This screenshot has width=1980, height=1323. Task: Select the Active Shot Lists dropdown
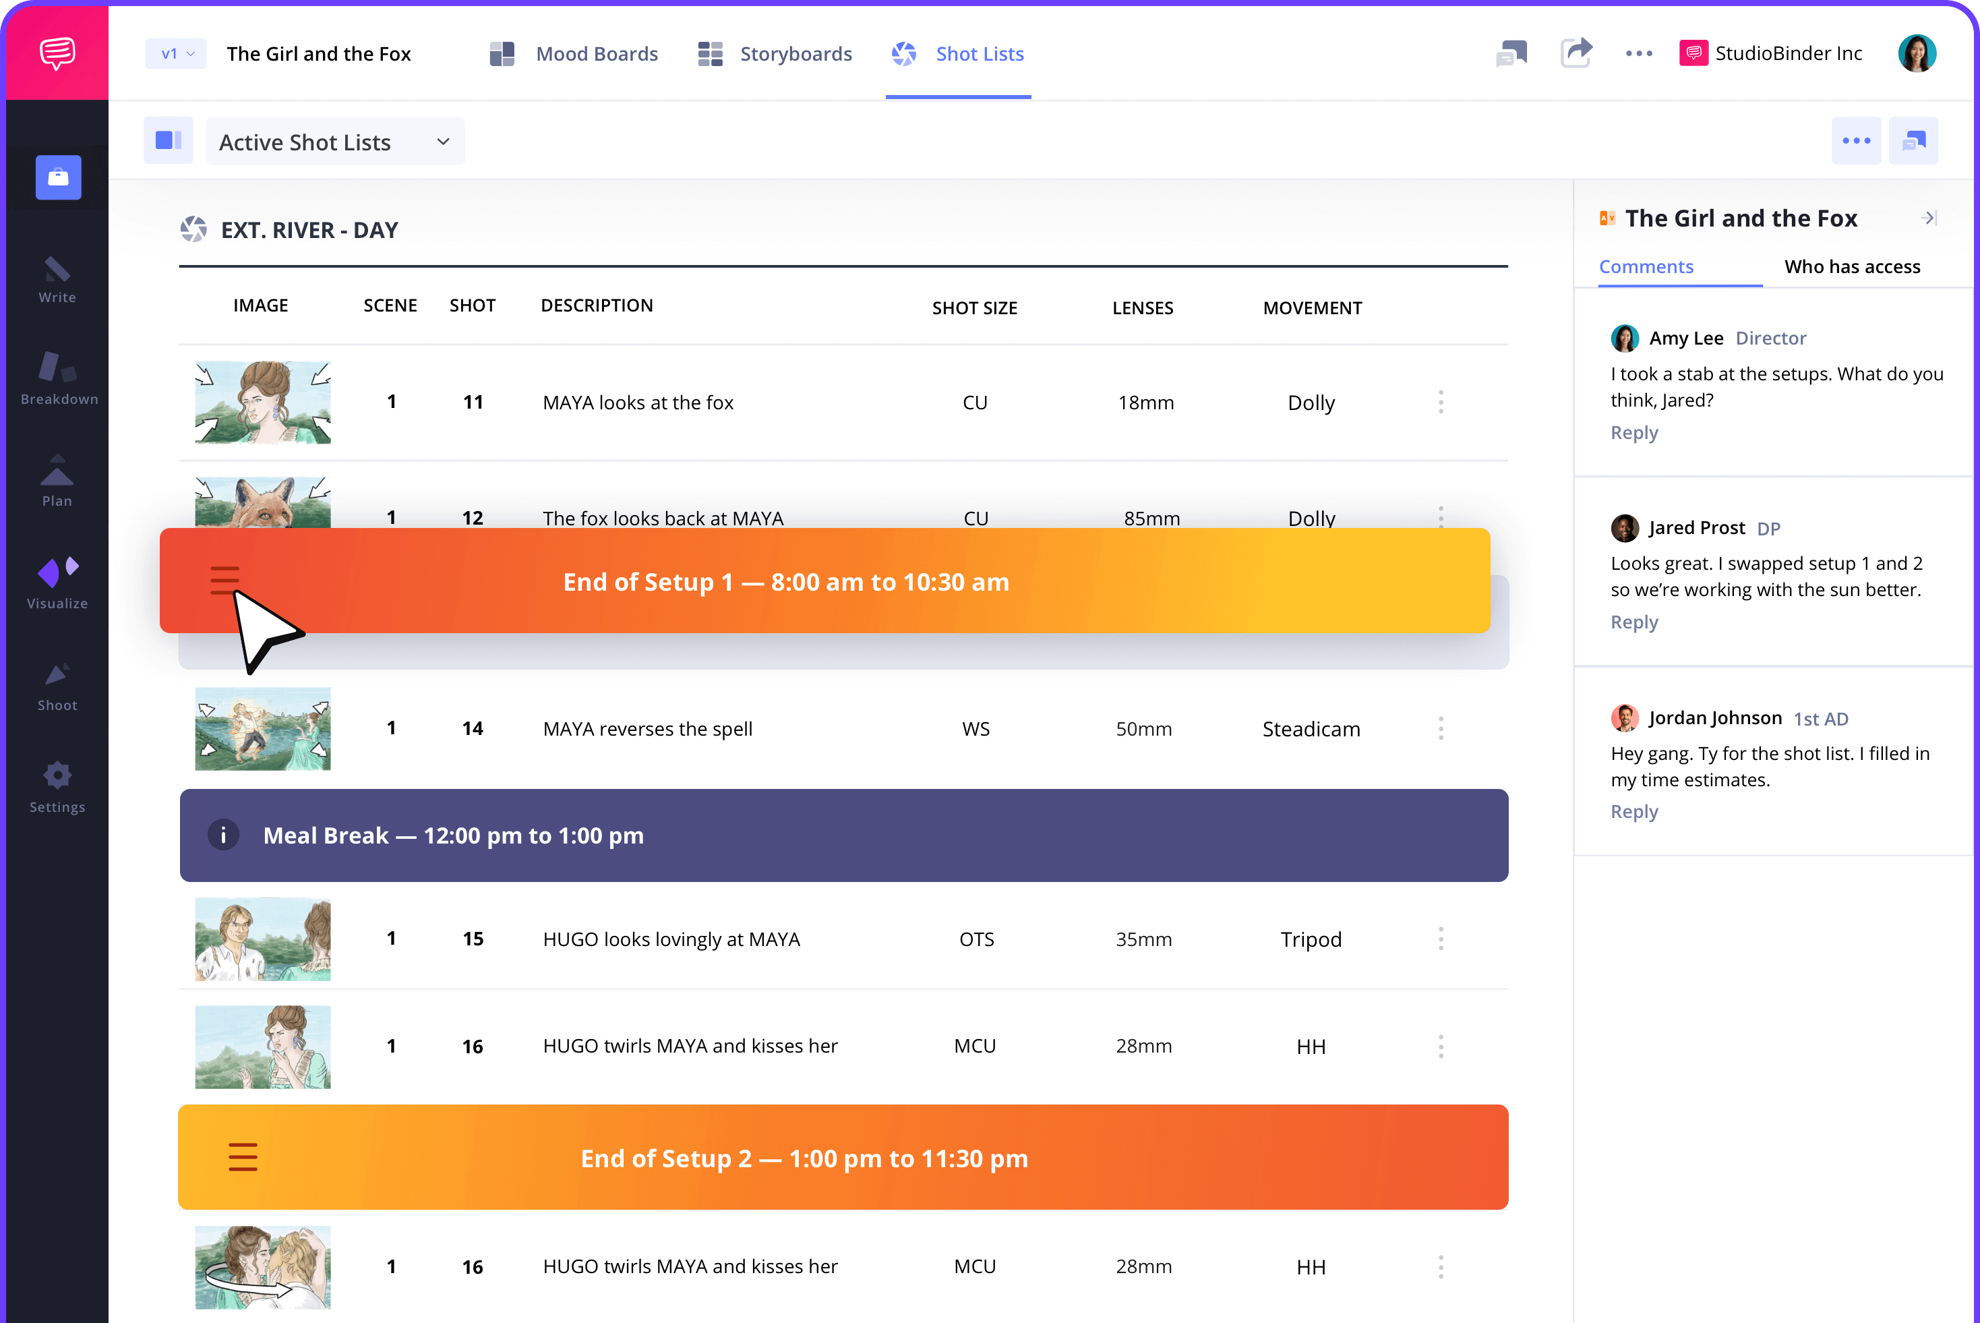(335, 142)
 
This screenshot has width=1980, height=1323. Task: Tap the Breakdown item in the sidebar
(57, 378)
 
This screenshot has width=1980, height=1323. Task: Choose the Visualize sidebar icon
(57, 582)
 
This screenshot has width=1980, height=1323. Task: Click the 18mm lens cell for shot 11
(1145, 403)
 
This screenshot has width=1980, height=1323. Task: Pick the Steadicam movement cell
(1310, 729)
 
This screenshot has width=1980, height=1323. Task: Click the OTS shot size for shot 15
(976, 939)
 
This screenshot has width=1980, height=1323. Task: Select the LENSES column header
(1142, 308)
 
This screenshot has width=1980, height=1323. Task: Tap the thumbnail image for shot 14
(262, 729)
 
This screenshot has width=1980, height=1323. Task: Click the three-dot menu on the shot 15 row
(1440, 939)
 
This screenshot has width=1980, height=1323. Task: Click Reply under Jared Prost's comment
(1633, 622)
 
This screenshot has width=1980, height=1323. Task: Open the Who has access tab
(1852, 266)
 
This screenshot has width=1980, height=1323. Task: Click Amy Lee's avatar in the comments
(1624, 339)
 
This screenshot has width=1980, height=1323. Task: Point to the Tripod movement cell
(1310, 939)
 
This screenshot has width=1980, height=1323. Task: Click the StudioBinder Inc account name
(1788, 54)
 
